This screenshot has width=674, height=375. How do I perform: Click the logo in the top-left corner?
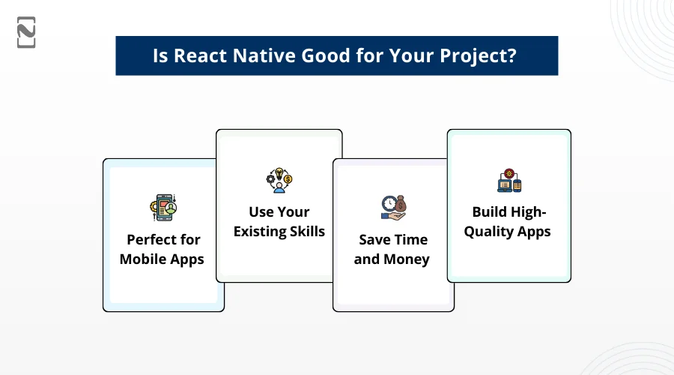26,32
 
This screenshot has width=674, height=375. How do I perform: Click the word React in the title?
200,55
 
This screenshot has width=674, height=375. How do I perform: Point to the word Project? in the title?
478,56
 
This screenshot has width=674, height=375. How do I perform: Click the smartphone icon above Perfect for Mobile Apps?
163,208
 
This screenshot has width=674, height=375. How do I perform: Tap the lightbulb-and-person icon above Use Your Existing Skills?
279,180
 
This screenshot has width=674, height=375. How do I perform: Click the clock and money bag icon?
393,208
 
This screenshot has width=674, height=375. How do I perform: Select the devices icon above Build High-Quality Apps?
509,180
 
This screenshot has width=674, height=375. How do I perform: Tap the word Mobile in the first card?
142,259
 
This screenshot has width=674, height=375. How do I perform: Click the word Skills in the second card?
307,231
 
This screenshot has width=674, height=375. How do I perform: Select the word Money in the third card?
406,259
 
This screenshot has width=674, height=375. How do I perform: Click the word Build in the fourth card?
488,211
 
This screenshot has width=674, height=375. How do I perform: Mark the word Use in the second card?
261,211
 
